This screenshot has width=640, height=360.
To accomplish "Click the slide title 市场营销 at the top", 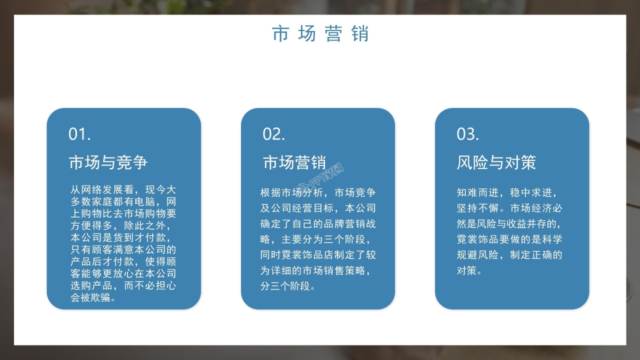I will pos(320,33).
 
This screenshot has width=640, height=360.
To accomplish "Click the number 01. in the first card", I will pos(79,134).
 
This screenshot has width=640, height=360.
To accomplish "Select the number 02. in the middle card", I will pos(274,134).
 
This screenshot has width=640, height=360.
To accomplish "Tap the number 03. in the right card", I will pos(468,134).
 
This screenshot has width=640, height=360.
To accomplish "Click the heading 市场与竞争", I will pos(108,162).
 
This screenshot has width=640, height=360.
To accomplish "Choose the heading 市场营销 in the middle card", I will pos(294,162).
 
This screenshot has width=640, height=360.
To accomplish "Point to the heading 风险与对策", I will pos(496,162).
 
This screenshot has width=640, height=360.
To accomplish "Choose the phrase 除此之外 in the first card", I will pos(149,226).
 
